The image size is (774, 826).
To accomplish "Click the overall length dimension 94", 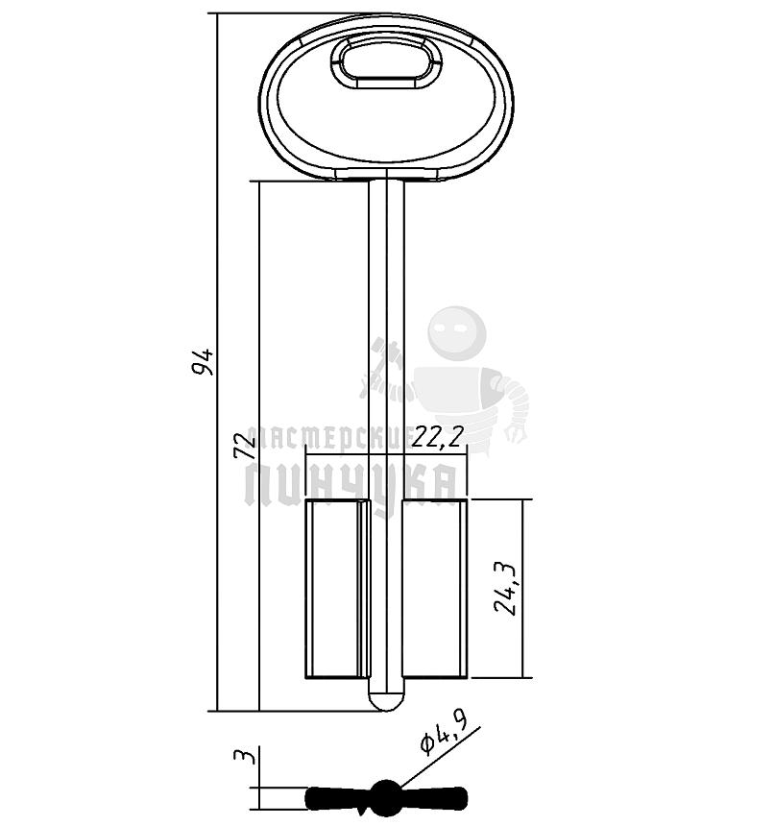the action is coord(203,361).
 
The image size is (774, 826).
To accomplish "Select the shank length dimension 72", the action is coord(245,445).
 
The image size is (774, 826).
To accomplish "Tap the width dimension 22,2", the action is coord(438,436).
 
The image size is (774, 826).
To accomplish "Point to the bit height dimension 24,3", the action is coord(506,588).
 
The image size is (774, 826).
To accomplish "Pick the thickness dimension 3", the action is coord(245,756).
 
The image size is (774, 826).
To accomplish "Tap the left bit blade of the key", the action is coord(337,589).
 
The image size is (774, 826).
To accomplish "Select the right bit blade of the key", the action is coord(434,589).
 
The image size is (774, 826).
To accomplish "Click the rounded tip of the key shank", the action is coord(386,700).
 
